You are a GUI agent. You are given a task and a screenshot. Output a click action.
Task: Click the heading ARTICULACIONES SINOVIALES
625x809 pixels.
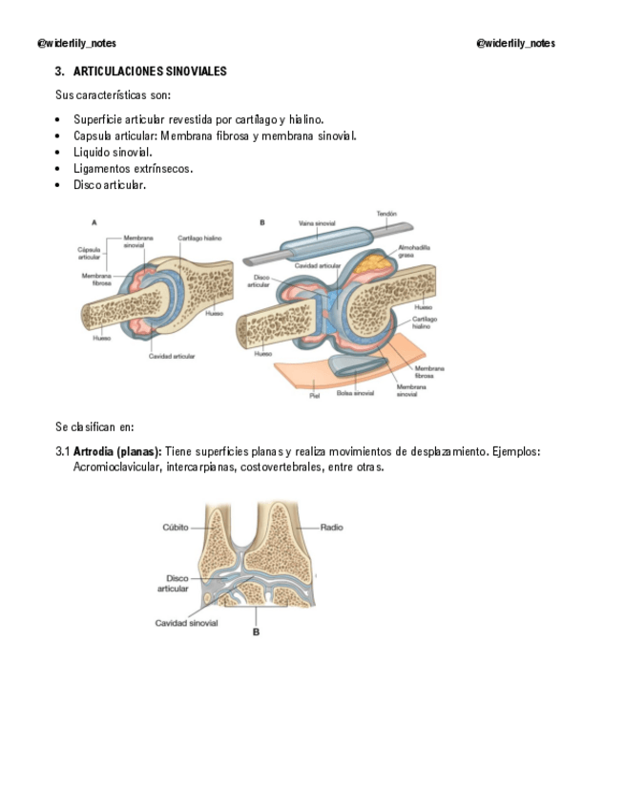[150, 72]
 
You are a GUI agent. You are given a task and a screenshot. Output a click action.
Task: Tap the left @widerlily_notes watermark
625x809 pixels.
[76, 43]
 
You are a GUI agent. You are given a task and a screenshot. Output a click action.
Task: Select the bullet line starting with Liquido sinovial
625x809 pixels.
[113, 152]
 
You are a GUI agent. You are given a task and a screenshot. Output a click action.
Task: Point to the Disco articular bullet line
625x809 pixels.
[110, 185]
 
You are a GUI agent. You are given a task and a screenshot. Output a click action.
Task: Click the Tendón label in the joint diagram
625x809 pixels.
[386, 214]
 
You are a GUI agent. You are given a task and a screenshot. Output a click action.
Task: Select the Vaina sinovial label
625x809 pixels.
[316, 222]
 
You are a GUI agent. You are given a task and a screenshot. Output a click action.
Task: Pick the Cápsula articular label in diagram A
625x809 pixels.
[89, 253]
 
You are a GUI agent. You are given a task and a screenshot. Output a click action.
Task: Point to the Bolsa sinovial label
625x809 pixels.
[356, 392]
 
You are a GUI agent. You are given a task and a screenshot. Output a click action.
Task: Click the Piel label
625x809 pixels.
[314, 393]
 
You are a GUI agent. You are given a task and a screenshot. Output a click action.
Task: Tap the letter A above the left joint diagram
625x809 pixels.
[94, 221]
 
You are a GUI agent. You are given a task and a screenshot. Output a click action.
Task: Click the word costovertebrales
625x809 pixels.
[285, 467]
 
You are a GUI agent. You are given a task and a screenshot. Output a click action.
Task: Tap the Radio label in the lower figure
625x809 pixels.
[331, 527]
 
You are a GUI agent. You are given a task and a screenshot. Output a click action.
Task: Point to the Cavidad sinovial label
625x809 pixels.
[186, 623]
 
